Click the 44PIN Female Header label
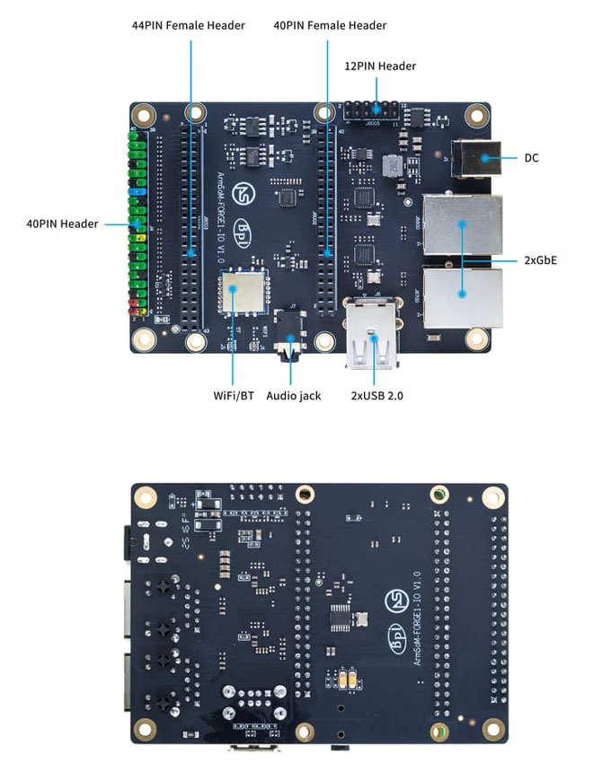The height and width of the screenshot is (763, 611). click(188, 25)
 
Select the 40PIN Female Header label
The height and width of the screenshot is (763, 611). click(330, 25)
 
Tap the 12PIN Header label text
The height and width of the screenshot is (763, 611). click(380, 66)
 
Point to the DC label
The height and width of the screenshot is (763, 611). click(532, 158)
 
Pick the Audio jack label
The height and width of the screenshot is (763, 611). click(294, 394)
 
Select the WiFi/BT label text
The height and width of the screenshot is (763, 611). click(233, 394)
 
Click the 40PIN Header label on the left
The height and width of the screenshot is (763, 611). click(62, 224)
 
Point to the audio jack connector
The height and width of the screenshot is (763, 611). click(291, 346)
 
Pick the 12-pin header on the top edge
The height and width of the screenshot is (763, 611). click(370, 110)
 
